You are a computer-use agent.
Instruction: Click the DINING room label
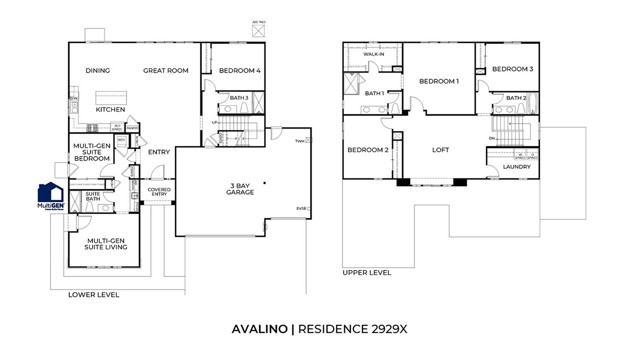(x=97, y=71)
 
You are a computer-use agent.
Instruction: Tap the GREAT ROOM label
(x=166, y=71)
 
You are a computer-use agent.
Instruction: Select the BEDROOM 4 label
(x=240, y=71)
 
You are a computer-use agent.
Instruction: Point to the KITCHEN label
(x=110, y=108)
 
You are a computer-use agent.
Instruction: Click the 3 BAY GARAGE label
(x=240, y=187)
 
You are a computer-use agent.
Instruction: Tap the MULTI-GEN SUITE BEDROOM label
(x=93, y=152)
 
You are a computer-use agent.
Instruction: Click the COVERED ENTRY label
(x=159, y=192)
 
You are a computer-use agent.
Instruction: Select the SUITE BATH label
(x=93, y=197)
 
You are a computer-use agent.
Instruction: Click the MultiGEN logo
(x=51, y=197)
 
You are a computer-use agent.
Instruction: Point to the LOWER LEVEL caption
(x=93, y=295)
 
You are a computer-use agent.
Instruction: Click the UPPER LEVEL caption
(x=367, y=271)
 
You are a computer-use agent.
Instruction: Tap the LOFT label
(x=440, y=150)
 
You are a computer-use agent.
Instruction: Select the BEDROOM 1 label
(x=438, y=81)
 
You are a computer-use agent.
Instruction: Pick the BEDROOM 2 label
(x=367, y=150)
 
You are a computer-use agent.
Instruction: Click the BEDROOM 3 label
(x=511, y=69)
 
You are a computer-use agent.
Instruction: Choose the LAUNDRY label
(x=516, y=167)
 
